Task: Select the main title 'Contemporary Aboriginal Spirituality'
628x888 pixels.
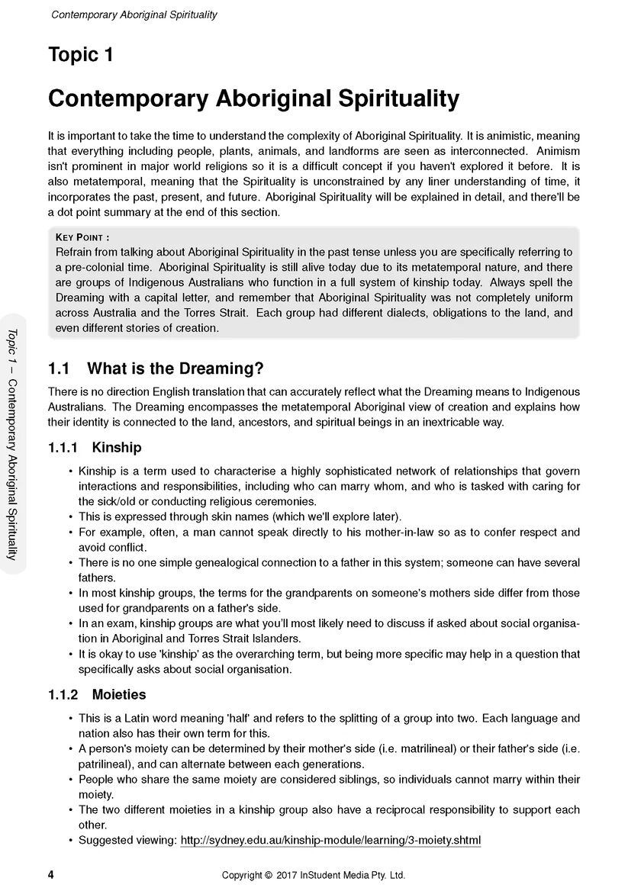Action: (x=253, y=98)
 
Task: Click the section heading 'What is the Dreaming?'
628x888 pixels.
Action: (x=176, y=369)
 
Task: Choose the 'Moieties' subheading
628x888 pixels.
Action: (x=118, y=695)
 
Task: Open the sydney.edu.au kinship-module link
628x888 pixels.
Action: (x=330, y=841)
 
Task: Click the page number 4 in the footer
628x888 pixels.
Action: (x=50, y=875)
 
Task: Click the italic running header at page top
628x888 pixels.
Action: (x=134, y=14)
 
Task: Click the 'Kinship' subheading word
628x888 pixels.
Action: (x=116, y=447)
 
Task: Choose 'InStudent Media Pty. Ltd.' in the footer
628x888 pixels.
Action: (x=350, y=876)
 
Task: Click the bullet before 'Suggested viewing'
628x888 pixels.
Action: (x=70, y=841)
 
